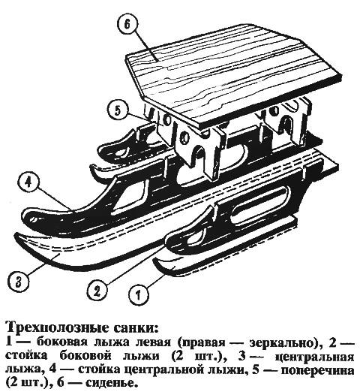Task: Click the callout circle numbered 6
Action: click(127, 26)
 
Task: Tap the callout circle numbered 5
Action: click(118, 111)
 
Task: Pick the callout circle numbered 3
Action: click(19, 282)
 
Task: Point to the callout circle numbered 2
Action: click(97, 291)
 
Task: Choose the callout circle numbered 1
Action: click(138, 294)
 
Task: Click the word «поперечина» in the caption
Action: click(317, 369)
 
